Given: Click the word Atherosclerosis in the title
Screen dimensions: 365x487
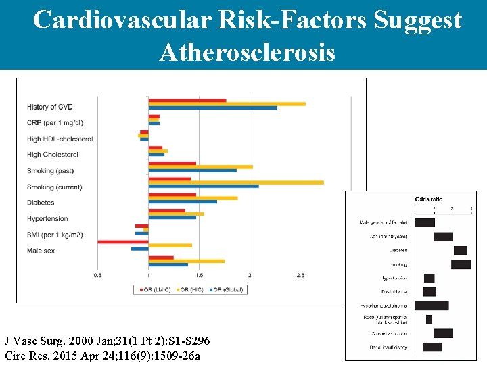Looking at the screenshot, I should click(x=247, y=51).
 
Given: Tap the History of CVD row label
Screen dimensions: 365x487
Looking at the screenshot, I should click(x=49, y=107).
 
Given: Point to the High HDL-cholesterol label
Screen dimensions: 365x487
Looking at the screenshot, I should click(x=60, y=139).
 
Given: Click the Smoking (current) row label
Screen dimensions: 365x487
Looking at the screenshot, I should click(x=54, y=187).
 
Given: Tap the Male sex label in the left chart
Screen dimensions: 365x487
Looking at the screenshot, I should click(x=41, y=251).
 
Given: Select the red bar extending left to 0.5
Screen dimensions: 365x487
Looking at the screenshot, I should click(x=122, y=241).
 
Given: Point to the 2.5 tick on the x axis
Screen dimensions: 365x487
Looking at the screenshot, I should click(x=300, y=275).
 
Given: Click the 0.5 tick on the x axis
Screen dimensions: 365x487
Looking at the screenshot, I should click(x=97, y=275).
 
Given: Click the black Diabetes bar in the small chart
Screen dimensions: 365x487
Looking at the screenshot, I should click(x=460, y=250).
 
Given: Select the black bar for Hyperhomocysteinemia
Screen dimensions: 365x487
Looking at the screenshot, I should click(x=436, y=306).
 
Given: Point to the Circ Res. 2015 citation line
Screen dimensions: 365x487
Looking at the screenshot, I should click(x=99, y=356).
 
